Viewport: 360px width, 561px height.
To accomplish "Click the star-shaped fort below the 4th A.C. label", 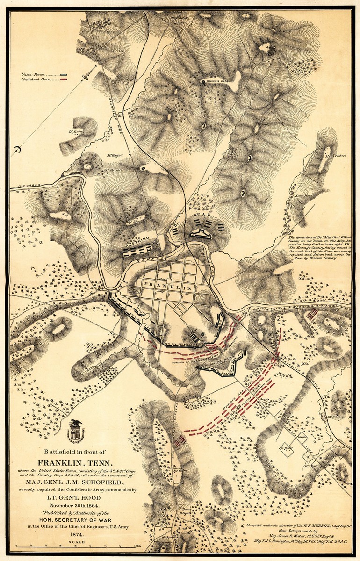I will tap(202, 235).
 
